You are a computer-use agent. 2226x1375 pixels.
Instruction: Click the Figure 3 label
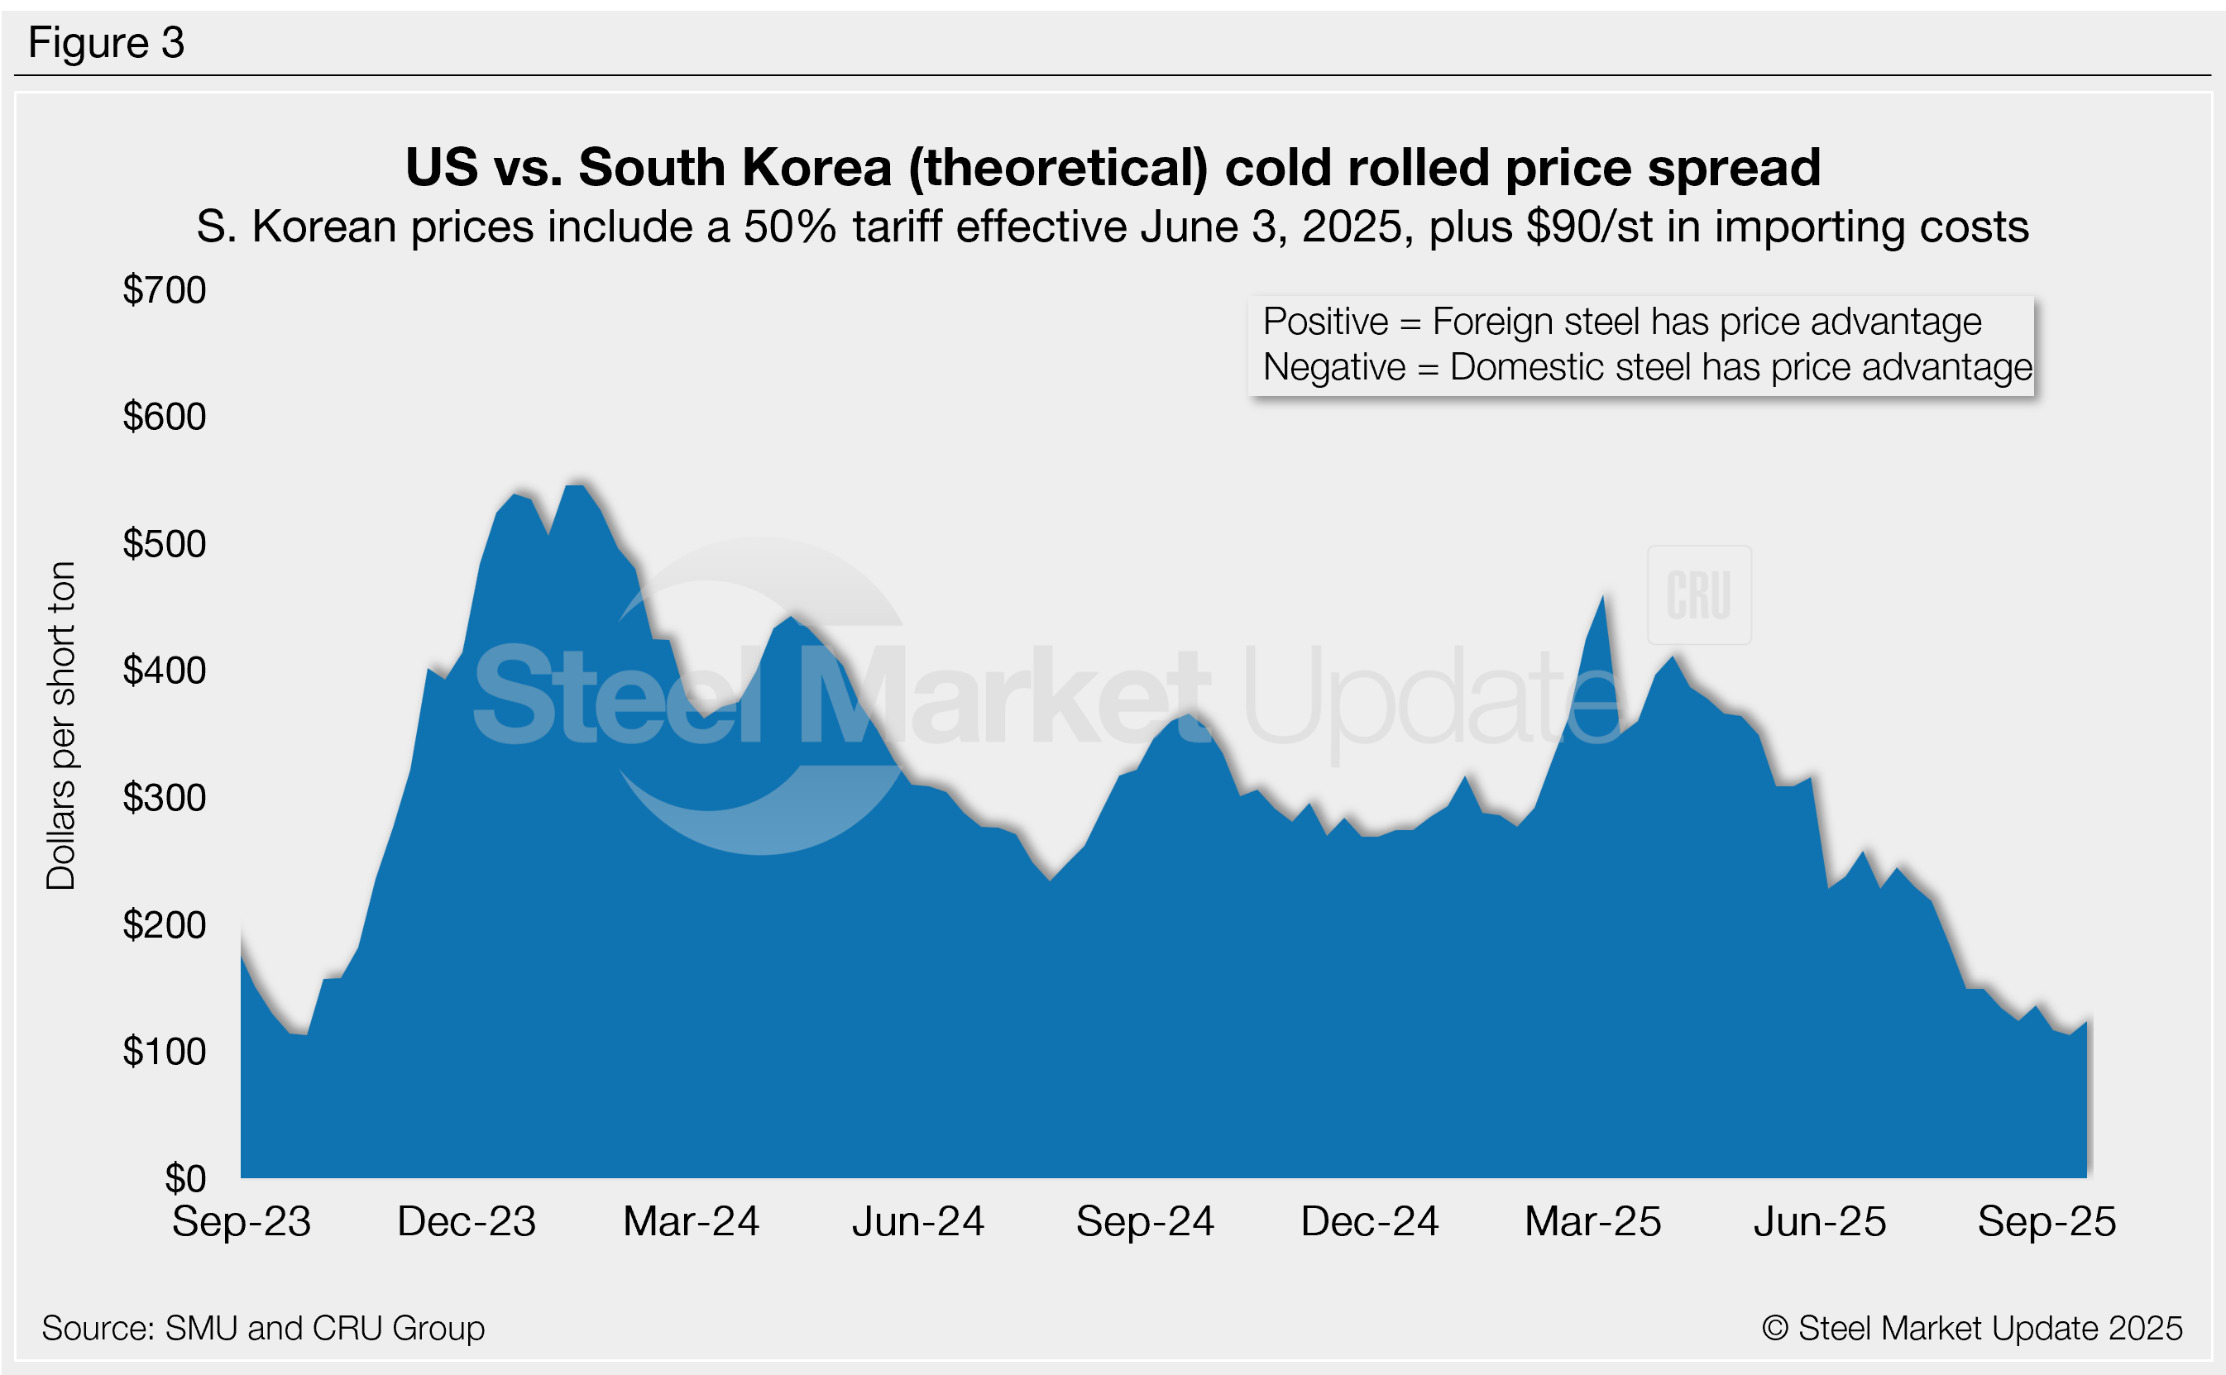pyautogui.click(x=107, y=43)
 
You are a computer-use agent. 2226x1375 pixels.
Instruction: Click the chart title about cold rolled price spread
pyautogui.click(x=1113, y=168)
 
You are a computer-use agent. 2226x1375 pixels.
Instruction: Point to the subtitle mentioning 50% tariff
pyautogui.click(x=1113, y=227)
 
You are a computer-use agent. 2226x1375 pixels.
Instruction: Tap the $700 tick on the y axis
pyautogui.click(x=165, y=290)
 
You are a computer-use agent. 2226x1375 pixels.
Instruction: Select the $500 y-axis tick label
pyautogui.click(x=165, y=544)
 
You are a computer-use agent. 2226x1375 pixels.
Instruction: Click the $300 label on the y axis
pyautogui.click(x=165, y=798)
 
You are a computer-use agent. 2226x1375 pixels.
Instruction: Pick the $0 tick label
pyautogui.click(x=184, y=1178)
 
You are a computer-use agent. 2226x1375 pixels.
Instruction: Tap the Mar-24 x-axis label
pyautogui.click(x=691, y=1221)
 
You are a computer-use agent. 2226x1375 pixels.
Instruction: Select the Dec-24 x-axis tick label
pyautogui.click(x=1369, y=1221)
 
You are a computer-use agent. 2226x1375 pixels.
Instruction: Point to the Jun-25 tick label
pyautogui.click(x=1819, y=1221)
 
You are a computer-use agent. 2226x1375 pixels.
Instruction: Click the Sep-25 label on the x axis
pyautogui.click(x=2046, y=1221)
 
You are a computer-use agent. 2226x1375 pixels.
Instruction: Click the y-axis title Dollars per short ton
pyautogui.click(x=61, y=725)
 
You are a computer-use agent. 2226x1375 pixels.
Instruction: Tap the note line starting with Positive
pyautogui.click(x=1622, y=322)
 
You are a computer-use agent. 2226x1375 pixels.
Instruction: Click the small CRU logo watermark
pyautogui.click(x=1698, y=595)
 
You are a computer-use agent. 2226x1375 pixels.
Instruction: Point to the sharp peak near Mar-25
pyautogui.click(x=1602, y=598)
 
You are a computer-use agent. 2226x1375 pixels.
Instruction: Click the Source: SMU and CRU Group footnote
pyautogui.click(x=263, y=1329)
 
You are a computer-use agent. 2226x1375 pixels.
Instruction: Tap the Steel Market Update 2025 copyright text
pyautogui.click(x=1971, y=1329)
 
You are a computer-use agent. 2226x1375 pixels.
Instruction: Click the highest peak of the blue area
pyautogui.click(x=575, y=488)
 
